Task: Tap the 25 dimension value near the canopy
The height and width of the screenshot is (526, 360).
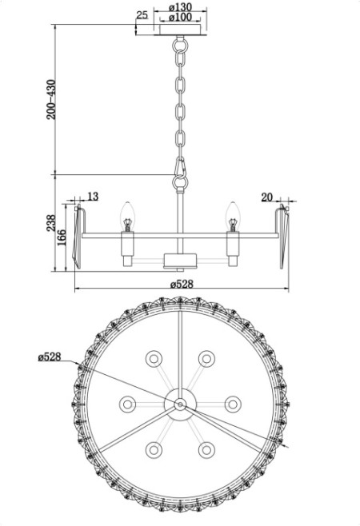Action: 142,15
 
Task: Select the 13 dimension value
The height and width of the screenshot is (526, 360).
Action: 92,196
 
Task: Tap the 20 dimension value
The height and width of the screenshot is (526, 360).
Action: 267,196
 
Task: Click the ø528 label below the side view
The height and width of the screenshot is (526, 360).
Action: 182,284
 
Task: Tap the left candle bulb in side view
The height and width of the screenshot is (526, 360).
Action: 126,213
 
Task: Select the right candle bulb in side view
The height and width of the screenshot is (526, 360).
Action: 234,213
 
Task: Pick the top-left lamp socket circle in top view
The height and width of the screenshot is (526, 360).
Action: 152,356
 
